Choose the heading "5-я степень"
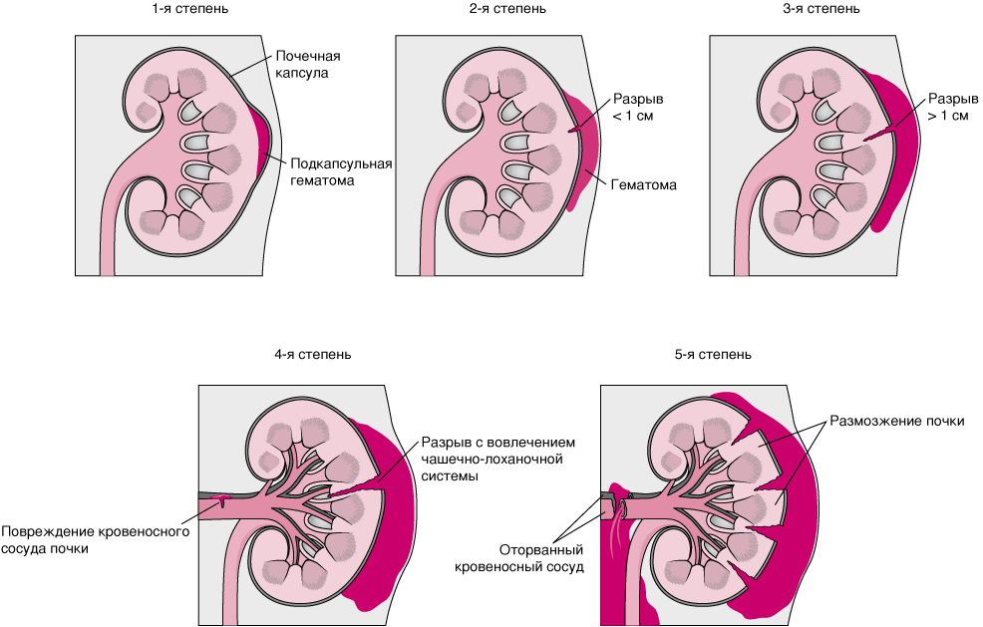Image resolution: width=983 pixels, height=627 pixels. coord(713,354)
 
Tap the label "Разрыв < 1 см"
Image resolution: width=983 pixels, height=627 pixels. coord(637,109)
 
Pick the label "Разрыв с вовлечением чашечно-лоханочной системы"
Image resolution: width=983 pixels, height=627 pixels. coord(498,460)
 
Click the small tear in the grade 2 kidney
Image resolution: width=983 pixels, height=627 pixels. coord(574,130)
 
